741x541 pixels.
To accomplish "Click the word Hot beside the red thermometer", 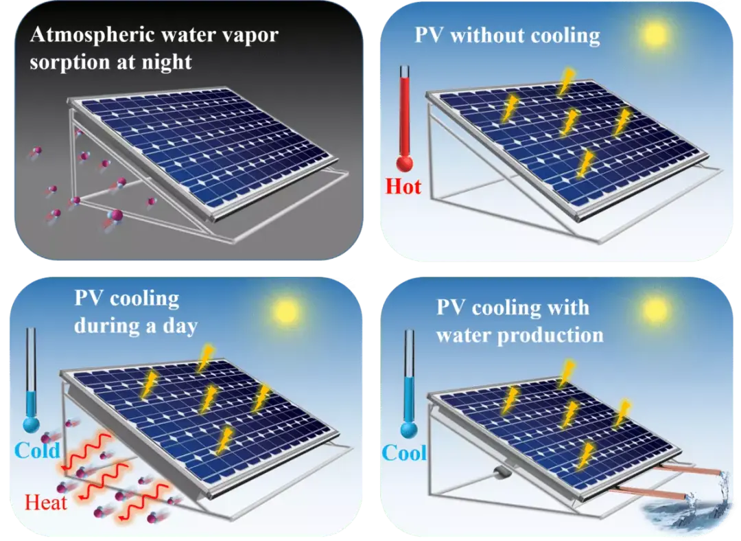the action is (403, 186).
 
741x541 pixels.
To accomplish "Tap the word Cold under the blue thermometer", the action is (37, 450).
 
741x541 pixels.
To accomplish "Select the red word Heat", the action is (46, 503).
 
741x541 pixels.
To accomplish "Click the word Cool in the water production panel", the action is (404, 453).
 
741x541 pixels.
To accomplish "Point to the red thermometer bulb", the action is (405, 163).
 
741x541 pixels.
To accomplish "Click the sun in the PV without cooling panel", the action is (655, 34).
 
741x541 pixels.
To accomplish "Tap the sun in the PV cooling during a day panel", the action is (286, 312).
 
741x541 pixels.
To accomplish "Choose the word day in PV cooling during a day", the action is (180, 326).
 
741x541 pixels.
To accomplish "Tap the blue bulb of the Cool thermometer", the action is (409, 430).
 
